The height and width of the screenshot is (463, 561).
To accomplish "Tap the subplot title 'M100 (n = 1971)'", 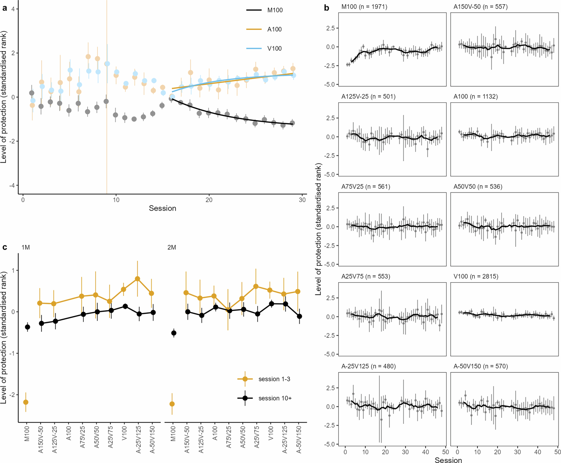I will (364, 7).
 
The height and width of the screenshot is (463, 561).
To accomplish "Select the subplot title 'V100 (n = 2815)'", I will (476, 276).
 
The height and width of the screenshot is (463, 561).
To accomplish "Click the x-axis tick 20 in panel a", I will (209, 200).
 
